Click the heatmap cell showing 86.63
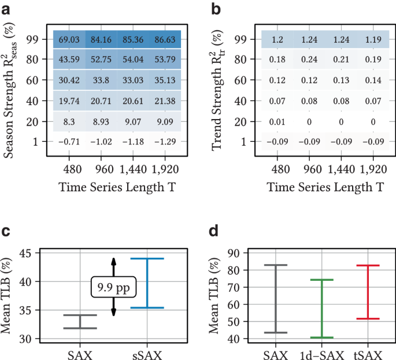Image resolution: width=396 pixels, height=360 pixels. click(x=165, y=39)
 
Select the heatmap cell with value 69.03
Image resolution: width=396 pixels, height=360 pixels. click(x=69, y=39)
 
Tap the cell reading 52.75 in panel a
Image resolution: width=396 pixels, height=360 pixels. click(x=101, y=60)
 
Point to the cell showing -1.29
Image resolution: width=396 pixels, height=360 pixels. click(x=165, y=142)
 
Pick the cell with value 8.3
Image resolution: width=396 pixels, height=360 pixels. click(x=69, y=121)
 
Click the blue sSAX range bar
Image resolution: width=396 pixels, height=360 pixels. click(x=147, y=283)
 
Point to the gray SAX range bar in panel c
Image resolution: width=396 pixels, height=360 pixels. click(x=80, y=322)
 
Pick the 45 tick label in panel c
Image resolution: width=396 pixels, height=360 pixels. click(x=25, y=253)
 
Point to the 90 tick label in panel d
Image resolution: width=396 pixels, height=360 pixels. click(x=234, y=253)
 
